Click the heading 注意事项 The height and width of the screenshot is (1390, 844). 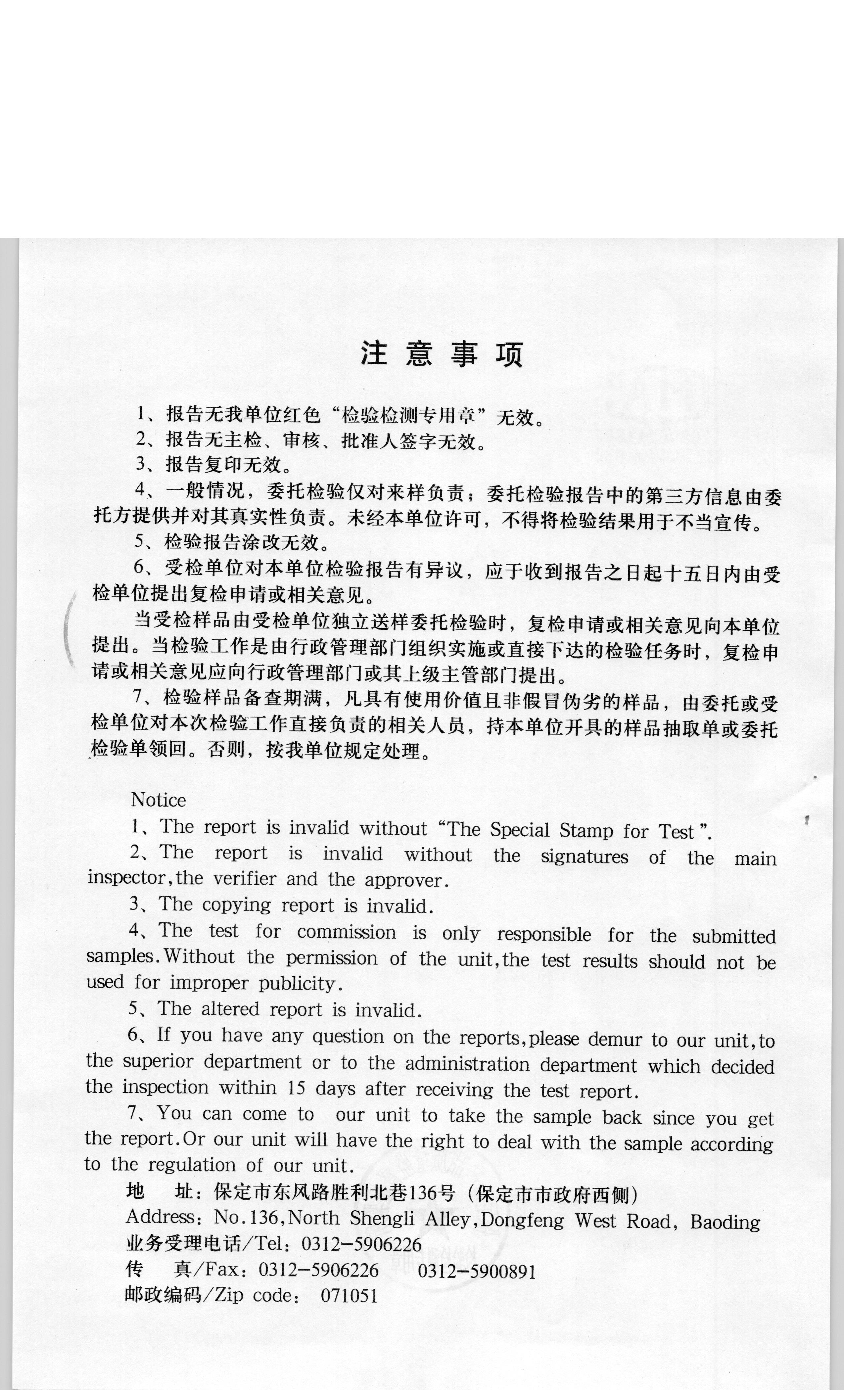point(442,354)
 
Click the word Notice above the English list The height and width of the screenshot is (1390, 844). point(159,800)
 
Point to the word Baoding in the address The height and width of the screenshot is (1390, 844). point(725,1222)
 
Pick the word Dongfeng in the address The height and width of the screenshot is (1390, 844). point(522,1220)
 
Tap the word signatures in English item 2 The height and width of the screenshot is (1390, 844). point(584,857)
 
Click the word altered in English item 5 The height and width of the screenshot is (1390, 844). point(230,1009)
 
